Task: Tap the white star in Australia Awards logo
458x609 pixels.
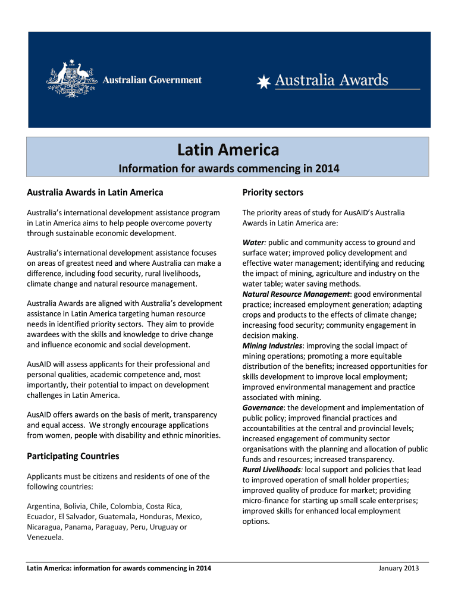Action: (263, 81)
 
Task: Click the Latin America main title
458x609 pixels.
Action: (228, 150)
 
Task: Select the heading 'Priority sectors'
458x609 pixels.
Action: (273, 193)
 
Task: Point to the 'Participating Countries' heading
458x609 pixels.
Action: (73, 456)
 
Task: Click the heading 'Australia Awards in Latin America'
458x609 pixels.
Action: (95, 193)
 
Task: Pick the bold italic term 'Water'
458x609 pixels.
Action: (253, 243)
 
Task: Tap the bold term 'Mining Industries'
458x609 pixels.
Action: (272, 346)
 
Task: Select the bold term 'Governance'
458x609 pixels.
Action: (262, 408)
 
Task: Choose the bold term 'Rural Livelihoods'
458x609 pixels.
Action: (272, 470)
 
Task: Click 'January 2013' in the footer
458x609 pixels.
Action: (399, 569)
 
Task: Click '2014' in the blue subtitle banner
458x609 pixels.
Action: (327, 169)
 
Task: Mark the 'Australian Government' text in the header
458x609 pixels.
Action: (153, 80)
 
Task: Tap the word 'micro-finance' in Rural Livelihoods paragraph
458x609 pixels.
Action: (267, 501)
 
